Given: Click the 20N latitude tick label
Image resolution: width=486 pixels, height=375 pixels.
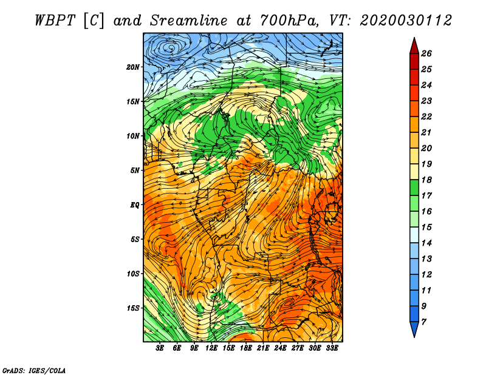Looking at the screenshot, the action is [x=132, y=67].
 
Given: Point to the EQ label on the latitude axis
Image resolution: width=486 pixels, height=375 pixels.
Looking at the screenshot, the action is [x=134, y=204].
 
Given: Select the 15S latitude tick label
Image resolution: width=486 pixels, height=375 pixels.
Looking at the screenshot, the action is [x=133, y=308].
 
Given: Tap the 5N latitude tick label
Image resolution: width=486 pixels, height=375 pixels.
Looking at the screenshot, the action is [x=135, y=171].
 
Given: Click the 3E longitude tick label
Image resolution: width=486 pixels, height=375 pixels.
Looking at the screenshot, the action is [x=160, y=348].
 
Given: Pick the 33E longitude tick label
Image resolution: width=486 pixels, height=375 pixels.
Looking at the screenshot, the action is [x=332, y=348].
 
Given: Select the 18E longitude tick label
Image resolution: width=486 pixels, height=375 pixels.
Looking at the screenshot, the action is [x=246, y=348].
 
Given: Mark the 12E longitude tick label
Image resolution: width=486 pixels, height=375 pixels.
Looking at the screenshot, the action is [x=211, y=348].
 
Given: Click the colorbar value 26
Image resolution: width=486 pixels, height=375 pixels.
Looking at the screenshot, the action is [x=426, y=53].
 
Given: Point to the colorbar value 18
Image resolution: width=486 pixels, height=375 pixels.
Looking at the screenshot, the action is [x=426, y=180].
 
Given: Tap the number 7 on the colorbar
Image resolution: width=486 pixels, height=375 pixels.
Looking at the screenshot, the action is [x=423, y=322].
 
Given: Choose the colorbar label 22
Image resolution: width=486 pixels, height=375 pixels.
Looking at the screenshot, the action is [x=426, y=117].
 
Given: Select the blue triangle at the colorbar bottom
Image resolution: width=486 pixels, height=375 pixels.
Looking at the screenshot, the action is [x=414, y=328].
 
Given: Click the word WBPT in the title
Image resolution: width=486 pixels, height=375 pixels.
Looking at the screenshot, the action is [x=55, y=21].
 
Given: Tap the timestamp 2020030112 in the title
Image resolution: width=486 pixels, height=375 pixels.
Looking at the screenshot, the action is [x=406, y=21].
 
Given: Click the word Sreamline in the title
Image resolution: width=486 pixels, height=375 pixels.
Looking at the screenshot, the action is [x=188, y=21].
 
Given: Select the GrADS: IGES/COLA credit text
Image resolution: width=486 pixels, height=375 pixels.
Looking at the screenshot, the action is [x=34, y=370].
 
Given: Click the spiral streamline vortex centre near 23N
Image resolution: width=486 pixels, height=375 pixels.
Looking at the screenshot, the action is [x=171, y=48].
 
